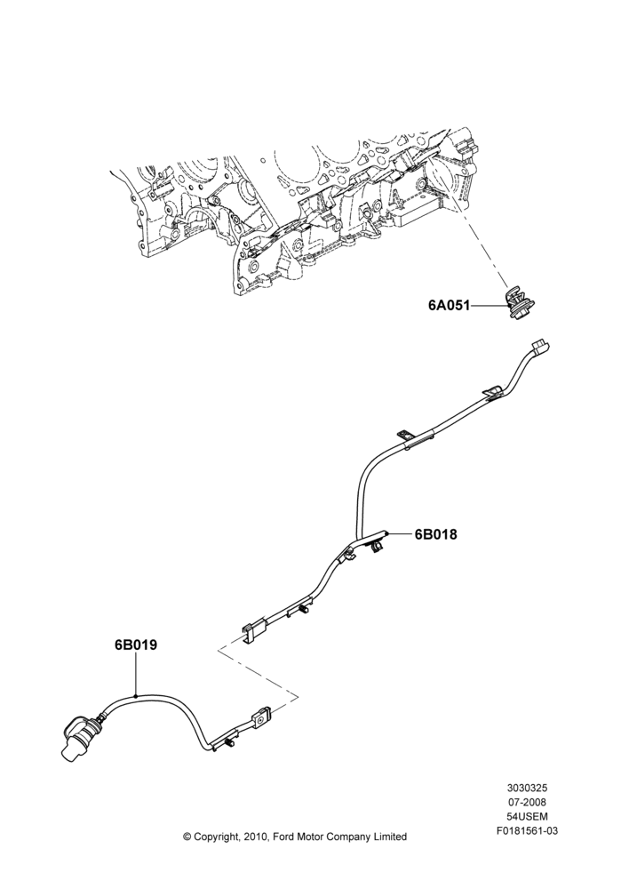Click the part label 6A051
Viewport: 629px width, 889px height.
point(450,306)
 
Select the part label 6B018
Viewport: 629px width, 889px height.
point(435,534)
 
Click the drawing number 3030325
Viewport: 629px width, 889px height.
point(527,788)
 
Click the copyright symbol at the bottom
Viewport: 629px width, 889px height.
point(187,837)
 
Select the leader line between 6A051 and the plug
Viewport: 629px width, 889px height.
point(489,306)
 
